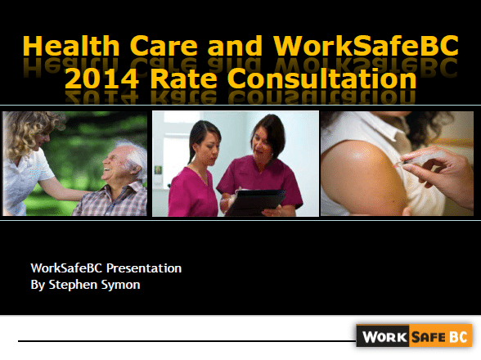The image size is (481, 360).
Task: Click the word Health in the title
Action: tap(71, 46)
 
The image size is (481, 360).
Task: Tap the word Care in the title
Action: tap(164, 46)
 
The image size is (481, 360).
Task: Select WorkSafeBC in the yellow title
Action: tap(366, 46)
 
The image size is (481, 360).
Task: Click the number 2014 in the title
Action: tap(101, 79)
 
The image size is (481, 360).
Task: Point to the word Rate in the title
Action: tap(183, 79)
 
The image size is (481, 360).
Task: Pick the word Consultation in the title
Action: tap(321, 79)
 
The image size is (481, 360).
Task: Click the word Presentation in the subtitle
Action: tap(144, 268)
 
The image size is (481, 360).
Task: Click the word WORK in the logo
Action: tap(384, 337)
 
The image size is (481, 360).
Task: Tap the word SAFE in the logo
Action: tap(429, 337)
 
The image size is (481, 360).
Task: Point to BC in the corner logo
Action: tap(458, 337)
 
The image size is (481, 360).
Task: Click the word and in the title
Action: tap(235, 46)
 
